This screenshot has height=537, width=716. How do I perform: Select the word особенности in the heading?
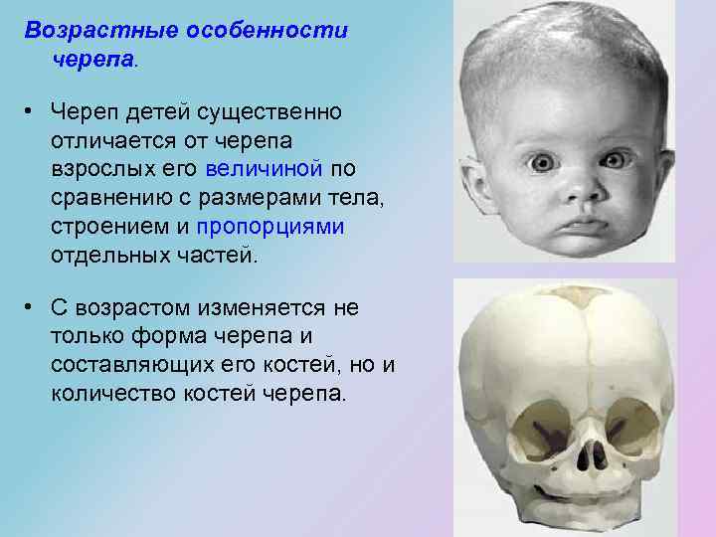[267, 30]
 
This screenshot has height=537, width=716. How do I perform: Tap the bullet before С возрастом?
[33, 308]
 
